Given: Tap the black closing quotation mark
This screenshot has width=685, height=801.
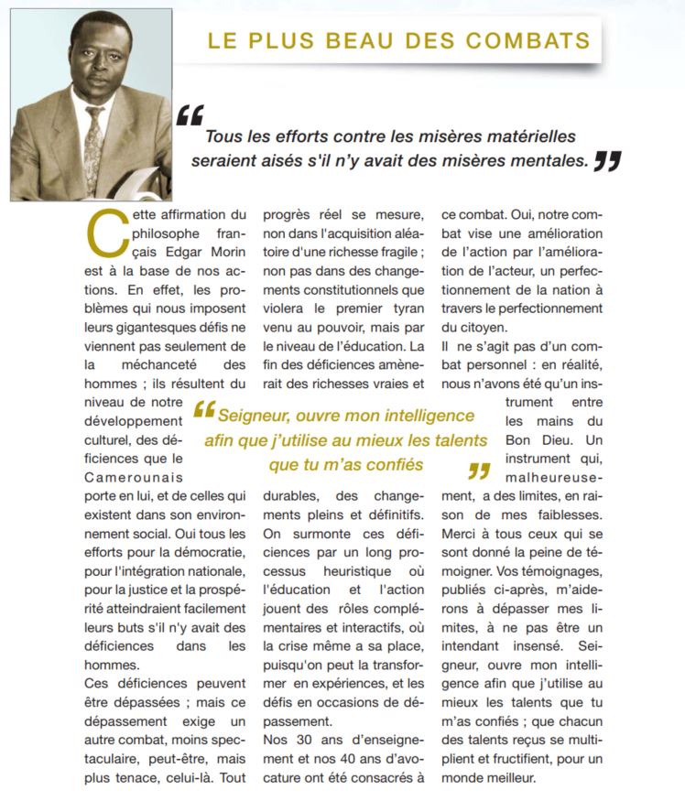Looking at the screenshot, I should click(x=606, y=161).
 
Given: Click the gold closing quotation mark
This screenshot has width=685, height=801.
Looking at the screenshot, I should click(x=478, y=471).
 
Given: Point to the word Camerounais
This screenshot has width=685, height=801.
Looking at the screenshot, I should click(x=130, y=477).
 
